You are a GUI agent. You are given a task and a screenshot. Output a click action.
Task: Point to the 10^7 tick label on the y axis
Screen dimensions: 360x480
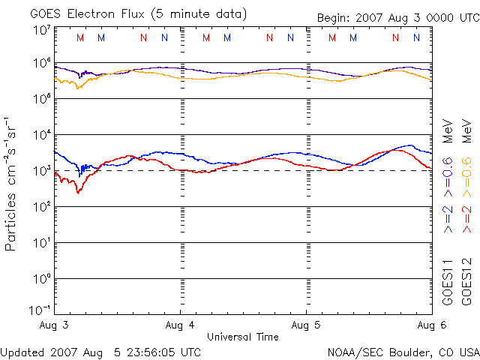coord(41,29)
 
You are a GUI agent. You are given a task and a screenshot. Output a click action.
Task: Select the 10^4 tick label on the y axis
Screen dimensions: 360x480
coord(41,135)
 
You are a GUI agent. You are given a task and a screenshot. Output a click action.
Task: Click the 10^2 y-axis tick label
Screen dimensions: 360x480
coord(41,207)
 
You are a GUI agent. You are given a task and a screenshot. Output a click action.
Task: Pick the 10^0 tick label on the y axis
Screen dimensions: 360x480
coord(41,279)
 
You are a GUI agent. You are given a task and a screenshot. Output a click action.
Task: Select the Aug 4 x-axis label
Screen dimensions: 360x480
coord(180,325)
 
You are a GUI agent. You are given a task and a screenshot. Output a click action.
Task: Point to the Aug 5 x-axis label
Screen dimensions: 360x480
coord(306,325)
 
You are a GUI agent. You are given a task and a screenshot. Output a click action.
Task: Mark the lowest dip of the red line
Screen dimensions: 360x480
coord(78,193)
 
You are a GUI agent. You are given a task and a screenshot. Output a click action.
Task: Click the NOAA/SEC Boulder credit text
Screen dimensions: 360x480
coord(403,351)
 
